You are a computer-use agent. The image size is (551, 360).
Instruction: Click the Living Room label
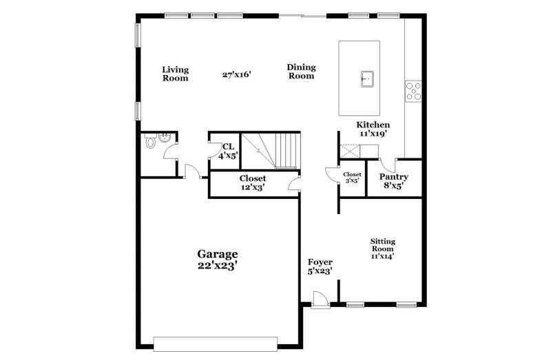coord(175,74)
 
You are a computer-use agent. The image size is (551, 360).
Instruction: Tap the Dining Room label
coord(301,72)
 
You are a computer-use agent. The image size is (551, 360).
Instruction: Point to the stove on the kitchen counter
coord(413,91)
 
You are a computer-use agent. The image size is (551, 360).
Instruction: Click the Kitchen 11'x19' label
coord(373,129)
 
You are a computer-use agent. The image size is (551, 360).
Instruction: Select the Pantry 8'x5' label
coord(394,181)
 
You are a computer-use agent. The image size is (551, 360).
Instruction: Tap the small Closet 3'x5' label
coord(352,178)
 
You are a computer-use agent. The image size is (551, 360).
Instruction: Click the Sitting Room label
coord(382,248)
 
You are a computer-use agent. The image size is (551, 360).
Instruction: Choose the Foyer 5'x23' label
coord(320,267)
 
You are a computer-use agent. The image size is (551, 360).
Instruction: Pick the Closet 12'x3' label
coord(253,182)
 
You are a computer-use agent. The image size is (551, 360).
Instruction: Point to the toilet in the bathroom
coord(150,142)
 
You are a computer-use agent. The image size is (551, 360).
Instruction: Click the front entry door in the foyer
coord(319,301)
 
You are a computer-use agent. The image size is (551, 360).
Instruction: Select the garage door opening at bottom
coord(215,343)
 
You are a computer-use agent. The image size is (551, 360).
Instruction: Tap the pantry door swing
coord(388,165)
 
